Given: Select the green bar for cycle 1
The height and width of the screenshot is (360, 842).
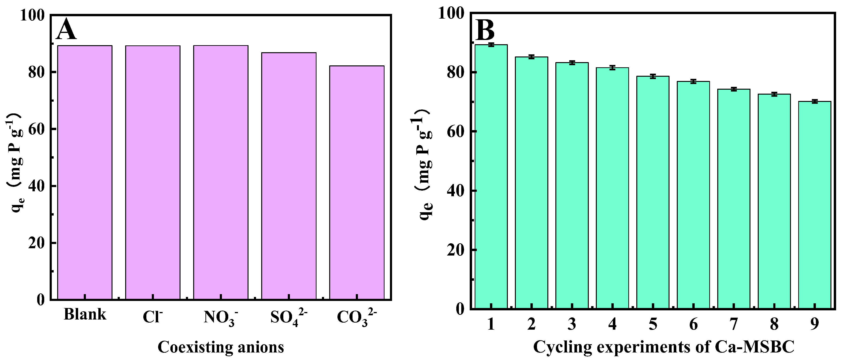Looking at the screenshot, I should (491, 176).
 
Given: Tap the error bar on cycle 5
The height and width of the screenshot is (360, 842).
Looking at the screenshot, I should (653, 76).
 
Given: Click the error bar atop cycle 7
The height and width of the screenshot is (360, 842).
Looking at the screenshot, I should (734, 89).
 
